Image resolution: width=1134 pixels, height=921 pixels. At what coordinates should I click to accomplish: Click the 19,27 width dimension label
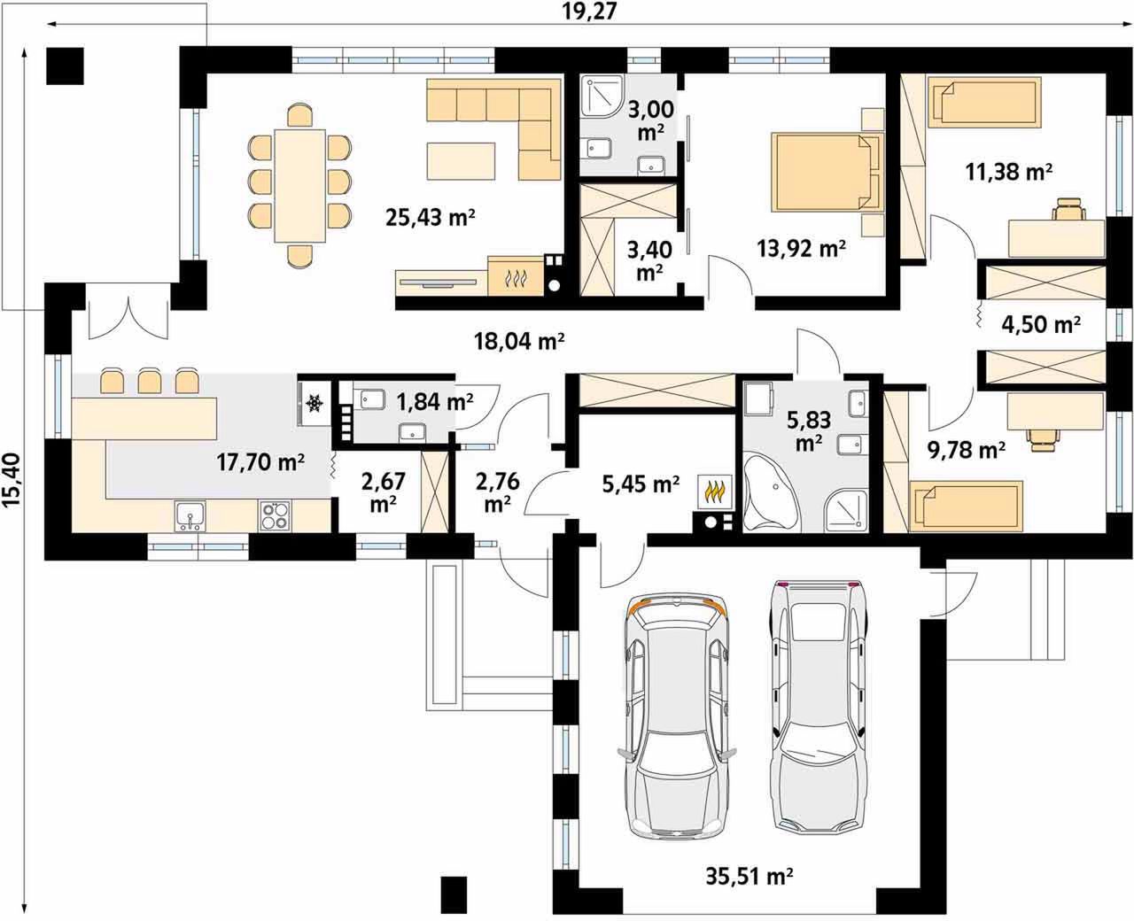[589, 12]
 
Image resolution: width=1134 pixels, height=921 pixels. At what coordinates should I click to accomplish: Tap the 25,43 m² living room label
[431, 218]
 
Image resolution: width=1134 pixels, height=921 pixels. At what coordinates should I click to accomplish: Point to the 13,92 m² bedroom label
[801, 249]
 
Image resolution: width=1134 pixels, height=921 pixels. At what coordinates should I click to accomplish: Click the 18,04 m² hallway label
[519, 341]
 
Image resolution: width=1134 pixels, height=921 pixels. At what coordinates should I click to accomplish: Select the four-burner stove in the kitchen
[275, 516]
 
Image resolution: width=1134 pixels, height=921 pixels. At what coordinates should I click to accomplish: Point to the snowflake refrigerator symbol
[315, 403]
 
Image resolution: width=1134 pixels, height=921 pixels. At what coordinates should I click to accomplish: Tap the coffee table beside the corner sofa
[461, 161]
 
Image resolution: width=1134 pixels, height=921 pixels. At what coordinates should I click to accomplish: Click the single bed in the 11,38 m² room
[984, 103]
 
